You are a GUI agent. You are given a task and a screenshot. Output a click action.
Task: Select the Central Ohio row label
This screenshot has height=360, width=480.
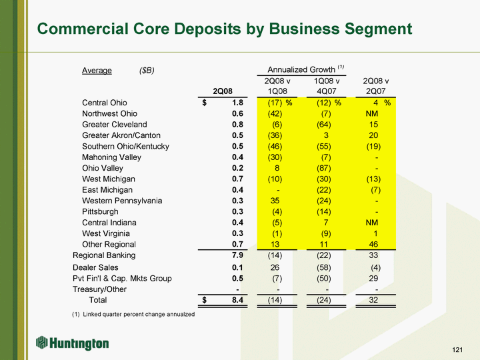coord(104,103)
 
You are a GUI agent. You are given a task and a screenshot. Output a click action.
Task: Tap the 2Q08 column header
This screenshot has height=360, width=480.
coord(223,91)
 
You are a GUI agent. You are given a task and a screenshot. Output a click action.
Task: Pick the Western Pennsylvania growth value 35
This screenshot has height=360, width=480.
coord(275,201)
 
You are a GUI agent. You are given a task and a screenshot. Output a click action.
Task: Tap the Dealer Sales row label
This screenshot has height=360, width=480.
coord(95,267)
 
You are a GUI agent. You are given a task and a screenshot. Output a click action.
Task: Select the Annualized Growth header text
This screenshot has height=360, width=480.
coord(301,70)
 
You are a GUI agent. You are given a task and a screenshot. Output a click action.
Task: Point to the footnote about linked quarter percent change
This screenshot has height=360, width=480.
coord(133,314)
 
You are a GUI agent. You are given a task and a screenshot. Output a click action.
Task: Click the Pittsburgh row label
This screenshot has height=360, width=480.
coord(101,211)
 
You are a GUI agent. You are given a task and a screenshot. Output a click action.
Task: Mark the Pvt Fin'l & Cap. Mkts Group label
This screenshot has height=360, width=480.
coord(121,278)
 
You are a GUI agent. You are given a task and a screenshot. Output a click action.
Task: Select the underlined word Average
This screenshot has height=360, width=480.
coord(97,70)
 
